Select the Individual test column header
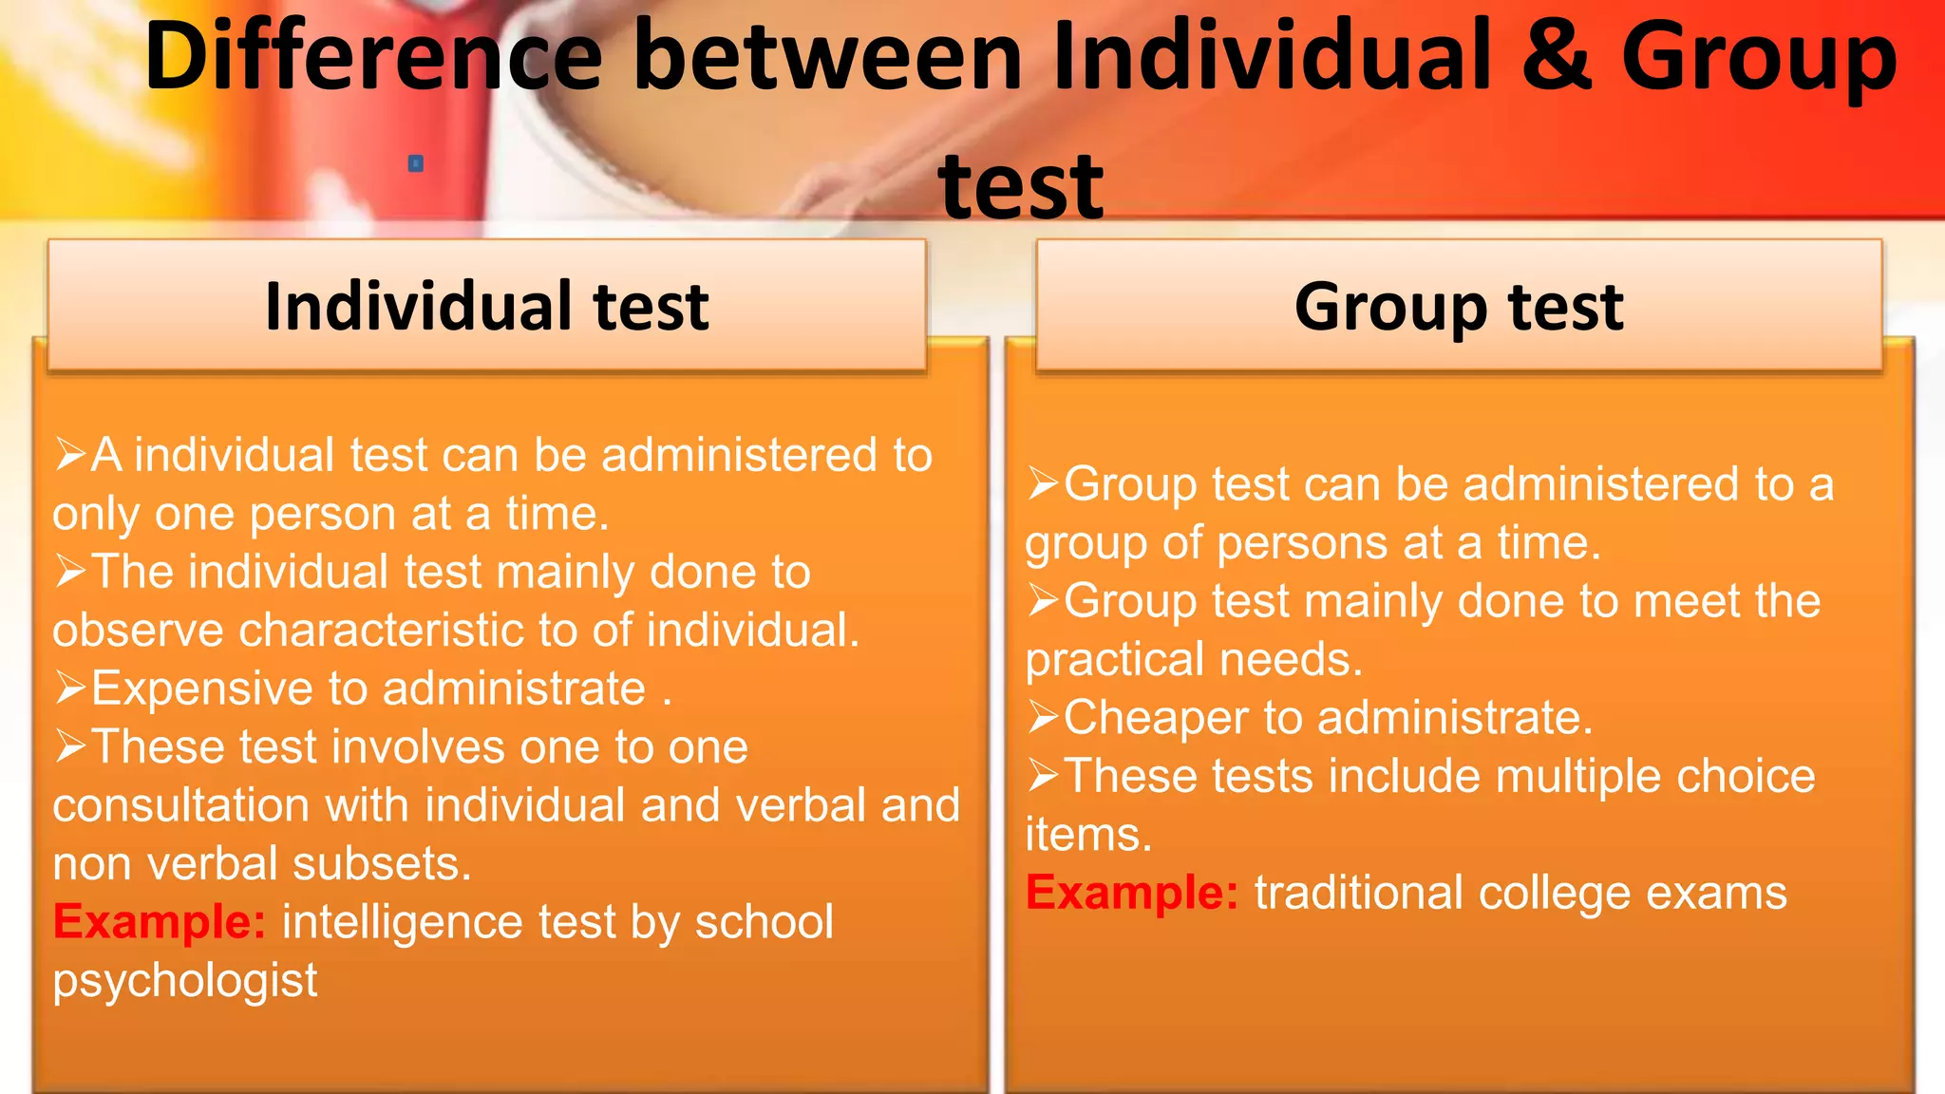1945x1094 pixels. pos(486,306)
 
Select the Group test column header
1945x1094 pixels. pos(1459,306)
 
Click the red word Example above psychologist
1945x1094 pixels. pos(160,922)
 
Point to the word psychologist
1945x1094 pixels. pos(185,981)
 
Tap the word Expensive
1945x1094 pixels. pos(201,688)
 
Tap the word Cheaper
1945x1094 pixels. pos(1156,718)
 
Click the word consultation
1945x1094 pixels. pos(181,805)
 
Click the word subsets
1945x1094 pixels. pos(382,864)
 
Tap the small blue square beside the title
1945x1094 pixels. pos(416,163)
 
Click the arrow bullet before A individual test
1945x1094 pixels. pos(71,454)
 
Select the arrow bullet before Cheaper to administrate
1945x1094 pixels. pos(1043,717)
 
